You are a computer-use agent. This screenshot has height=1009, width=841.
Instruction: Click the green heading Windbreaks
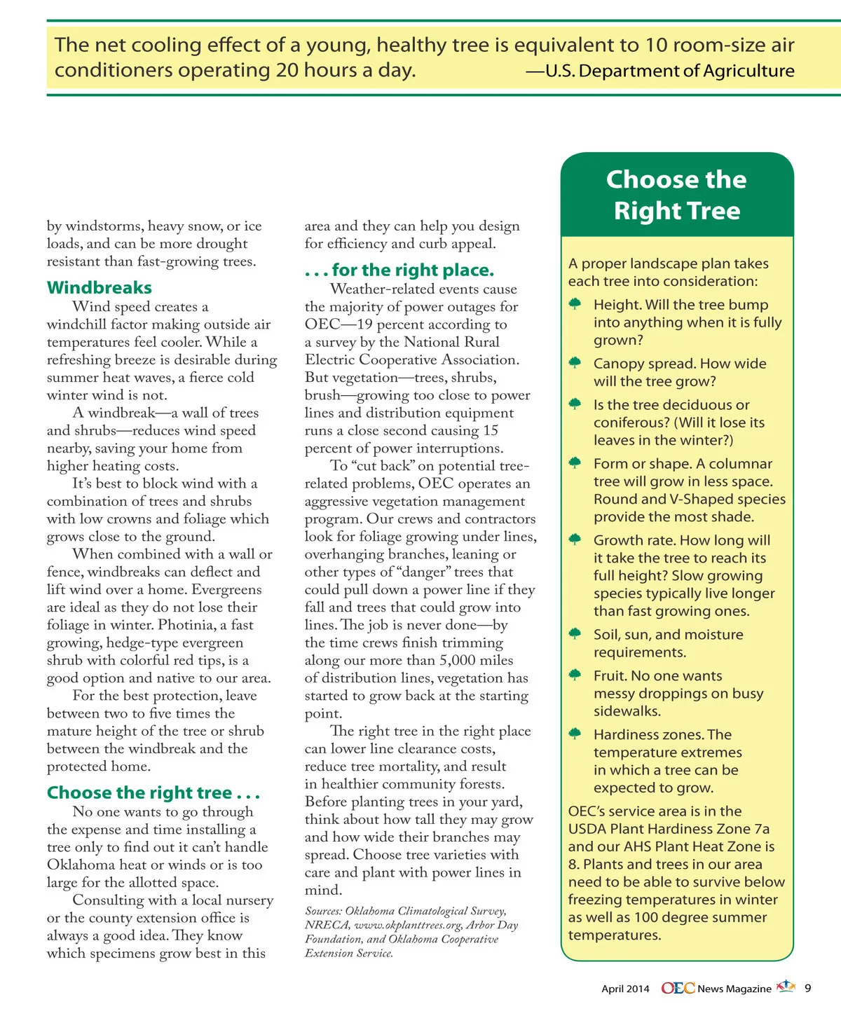click(99, 288)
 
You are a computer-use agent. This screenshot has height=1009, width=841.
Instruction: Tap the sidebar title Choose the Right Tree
click(676, 195)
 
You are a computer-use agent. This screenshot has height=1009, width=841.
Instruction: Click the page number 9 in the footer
click(807, 988)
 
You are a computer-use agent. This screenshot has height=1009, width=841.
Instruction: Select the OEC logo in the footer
click(678, 988)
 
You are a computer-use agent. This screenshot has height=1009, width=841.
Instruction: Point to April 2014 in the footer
click(625, 989)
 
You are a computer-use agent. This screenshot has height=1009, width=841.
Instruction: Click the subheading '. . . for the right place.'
click(399, 270)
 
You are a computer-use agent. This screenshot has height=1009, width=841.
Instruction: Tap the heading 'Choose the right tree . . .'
click(153, 793)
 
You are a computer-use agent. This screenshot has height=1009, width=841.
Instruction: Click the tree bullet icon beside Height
click(575, 304)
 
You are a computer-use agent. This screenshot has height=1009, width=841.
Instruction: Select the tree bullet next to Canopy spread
click(575, 363)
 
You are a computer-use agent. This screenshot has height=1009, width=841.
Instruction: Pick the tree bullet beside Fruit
click(575, 675)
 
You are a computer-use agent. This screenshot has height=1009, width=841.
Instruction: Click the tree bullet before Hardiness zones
click(575, 734)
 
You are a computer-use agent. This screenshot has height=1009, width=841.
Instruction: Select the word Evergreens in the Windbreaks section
click(226, 589)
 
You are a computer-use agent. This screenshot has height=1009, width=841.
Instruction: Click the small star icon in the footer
click(787, 986)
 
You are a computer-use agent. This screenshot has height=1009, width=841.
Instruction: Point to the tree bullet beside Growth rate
click(575, 540)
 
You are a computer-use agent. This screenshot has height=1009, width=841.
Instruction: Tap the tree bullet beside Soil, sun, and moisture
click(575, 633)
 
